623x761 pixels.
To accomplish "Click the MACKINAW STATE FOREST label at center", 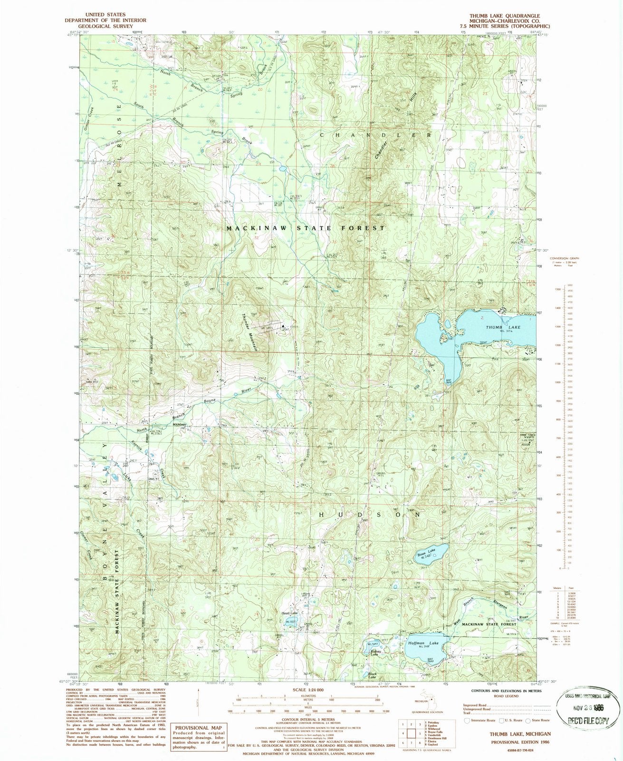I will tap(306, 228).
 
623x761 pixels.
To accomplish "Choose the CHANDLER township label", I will tap(375, 135).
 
